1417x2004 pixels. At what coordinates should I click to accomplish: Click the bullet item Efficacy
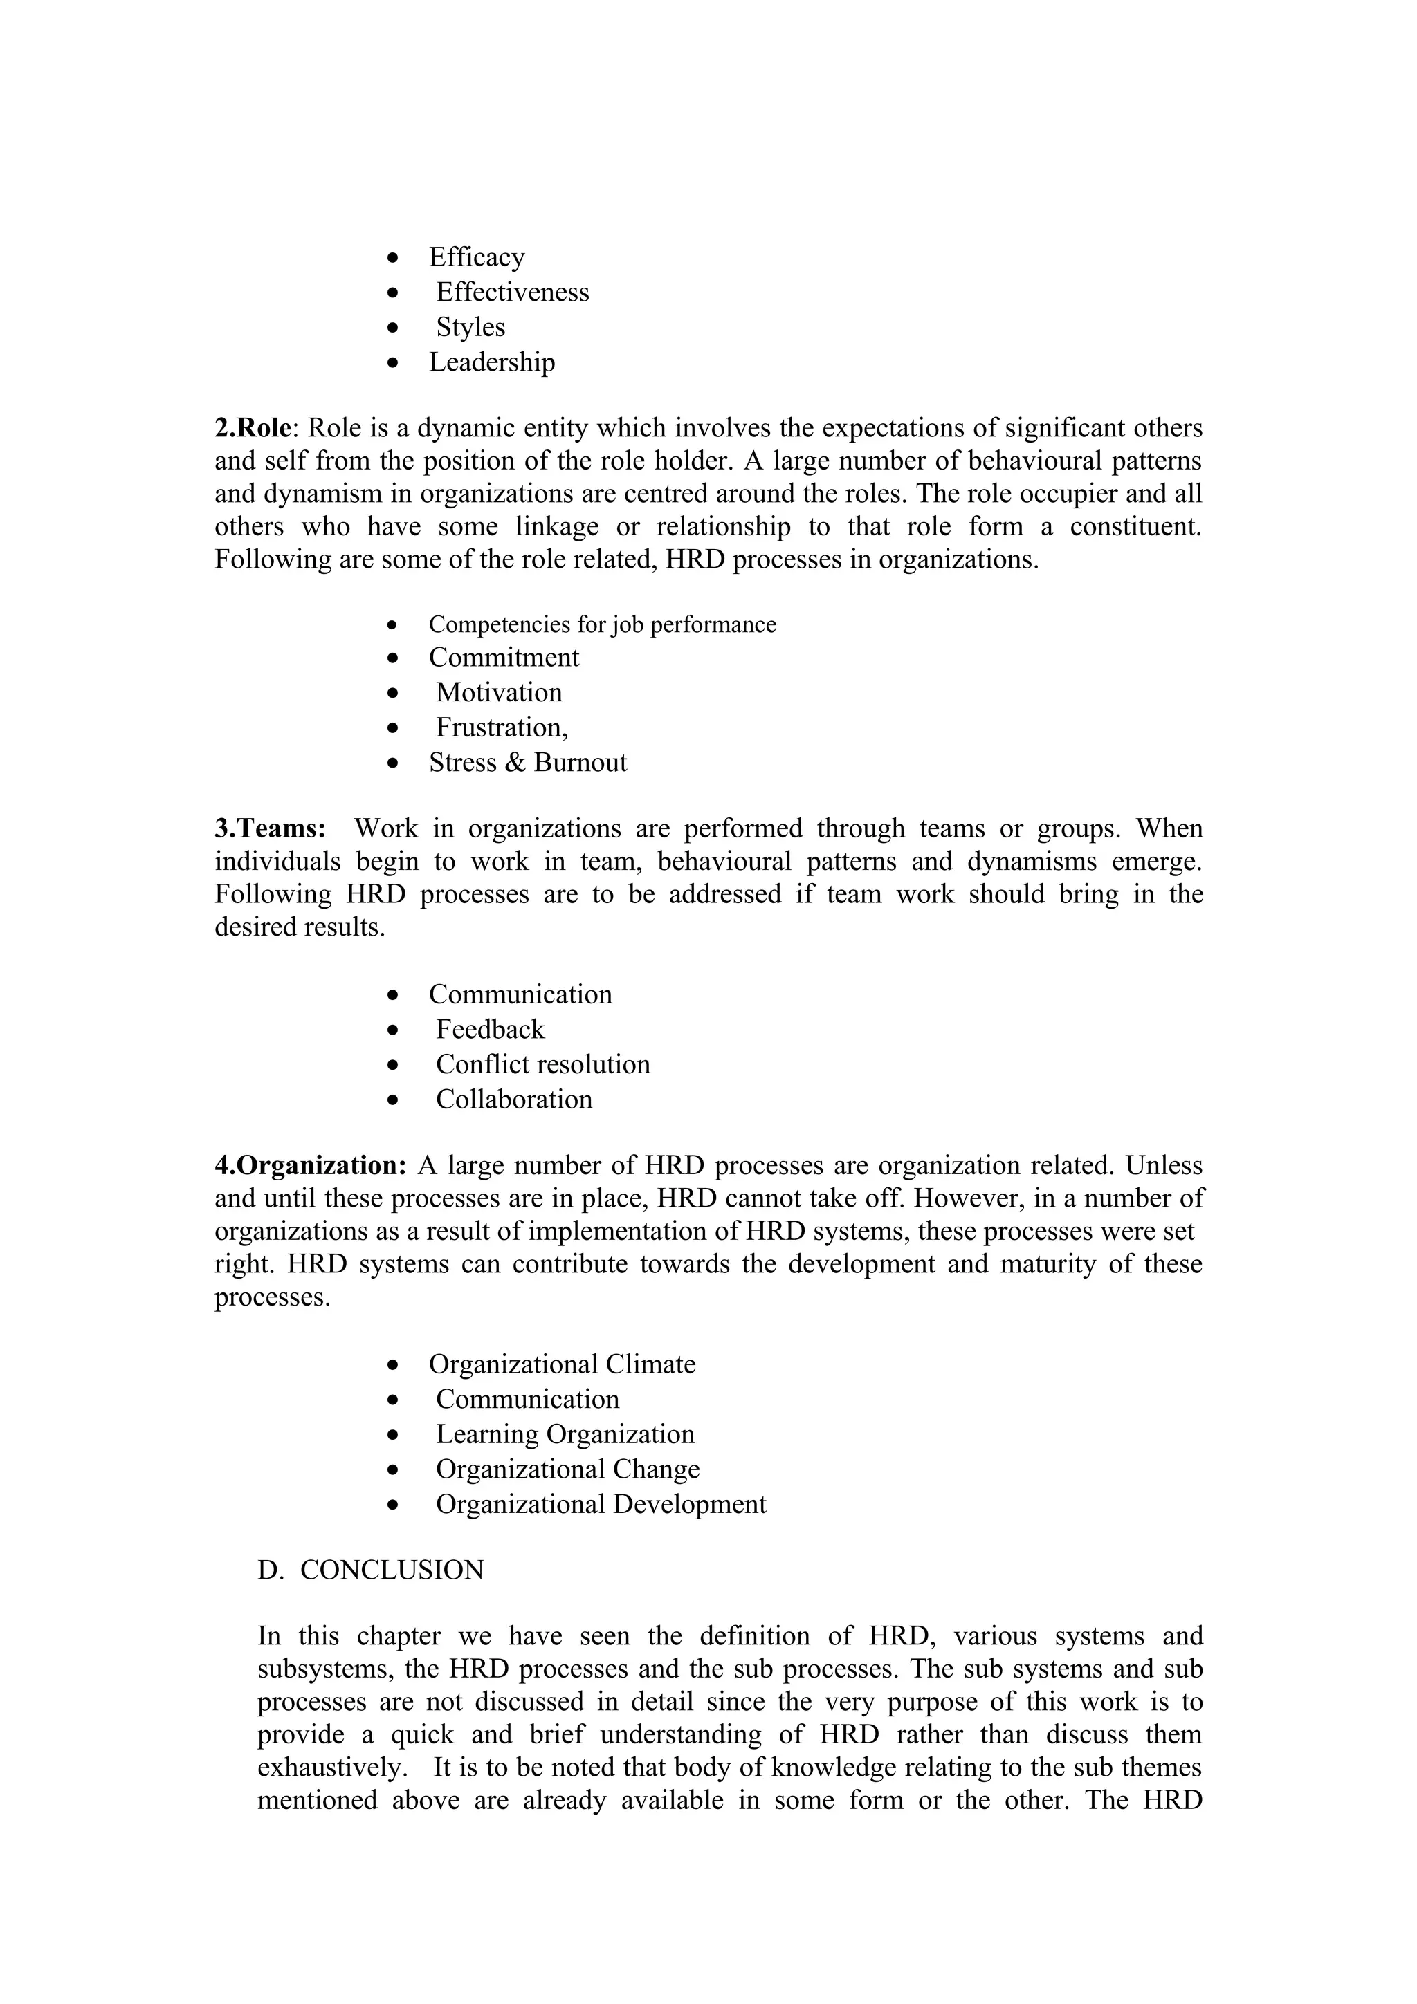click(477, 257)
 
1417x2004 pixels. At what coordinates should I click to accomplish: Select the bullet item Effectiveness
click(513, 293)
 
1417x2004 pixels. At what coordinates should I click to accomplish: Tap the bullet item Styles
click(470, 327)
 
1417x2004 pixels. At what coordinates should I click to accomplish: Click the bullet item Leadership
click(491, 362)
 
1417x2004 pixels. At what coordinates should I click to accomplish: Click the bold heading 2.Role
click(253, 429)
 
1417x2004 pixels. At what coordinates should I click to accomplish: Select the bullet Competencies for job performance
click(601, 625)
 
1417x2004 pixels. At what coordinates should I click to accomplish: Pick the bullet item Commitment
click(504, 657)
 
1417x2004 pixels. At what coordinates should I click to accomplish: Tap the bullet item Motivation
click(499, 692)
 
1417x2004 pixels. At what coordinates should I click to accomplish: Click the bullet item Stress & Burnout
click(527, 763)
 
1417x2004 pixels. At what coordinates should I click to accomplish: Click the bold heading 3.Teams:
click(270, 828)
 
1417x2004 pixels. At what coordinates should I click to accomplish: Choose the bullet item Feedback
click(490, 1030)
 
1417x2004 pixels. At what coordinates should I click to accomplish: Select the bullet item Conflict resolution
click(543, 1065)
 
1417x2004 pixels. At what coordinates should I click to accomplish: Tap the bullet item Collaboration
click(514, 1100)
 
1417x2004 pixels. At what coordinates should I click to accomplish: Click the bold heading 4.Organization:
click(311, 1166)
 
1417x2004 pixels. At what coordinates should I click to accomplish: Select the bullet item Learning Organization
click(565, 1434)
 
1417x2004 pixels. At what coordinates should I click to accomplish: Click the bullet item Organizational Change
click(567, 1469)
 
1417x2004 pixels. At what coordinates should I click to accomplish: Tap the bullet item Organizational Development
click(601, 1504)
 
